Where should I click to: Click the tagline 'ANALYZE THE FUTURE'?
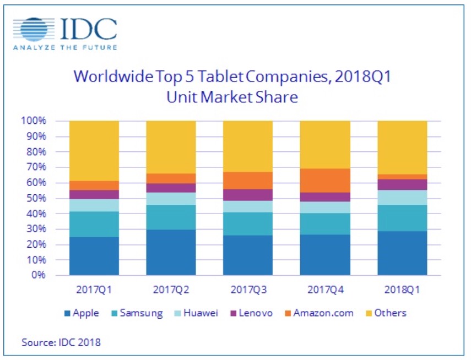[x=65, y=48]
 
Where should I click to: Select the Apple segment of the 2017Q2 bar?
[x=171, y=252]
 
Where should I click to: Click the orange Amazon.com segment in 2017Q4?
[x=324, y=181]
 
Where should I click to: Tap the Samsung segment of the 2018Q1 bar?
[x=402, y=218]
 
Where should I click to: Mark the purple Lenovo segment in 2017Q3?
[x=247, y=195]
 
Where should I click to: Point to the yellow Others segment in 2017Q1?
[x=94, y=150]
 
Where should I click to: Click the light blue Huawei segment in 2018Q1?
[x=402, y=197]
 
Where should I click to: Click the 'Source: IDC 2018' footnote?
[x=61, y=342]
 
